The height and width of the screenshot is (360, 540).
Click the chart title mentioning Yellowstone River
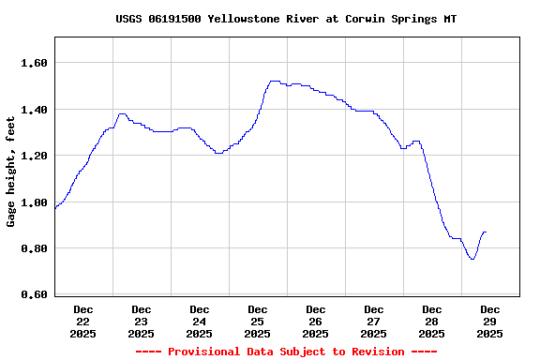286,19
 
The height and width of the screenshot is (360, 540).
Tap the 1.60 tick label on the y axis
34,63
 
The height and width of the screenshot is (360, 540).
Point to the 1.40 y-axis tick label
34,110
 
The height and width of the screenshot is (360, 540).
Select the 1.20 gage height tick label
34,156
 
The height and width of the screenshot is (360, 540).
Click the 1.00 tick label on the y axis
34,202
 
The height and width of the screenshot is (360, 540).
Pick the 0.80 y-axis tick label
34,248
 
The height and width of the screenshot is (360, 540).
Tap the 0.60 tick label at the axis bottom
34,294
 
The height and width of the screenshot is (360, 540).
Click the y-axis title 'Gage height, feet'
11,172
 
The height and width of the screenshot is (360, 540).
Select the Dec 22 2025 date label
83,321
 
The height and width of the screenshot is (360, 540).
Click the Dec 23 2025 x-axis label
142,321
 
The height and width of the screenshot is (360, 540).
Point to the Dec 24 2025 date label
200,321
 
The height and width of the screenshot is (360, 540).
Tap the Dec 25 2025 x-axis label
258,321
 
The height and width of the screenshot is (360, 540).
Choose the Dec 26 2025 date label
316,321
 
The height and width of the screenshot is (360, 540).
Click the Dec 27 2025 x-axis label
374,321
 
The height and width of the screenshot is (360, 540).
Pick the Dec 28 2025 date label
432,321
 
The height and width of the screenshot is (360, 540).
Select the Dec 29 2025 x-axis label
490,321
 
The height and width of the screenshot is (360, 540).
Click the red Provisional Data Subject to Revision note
286,352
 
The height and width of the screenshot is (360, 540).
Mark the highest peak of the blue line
274,82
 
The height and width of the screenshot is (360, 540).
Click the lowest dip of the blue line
472,259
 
